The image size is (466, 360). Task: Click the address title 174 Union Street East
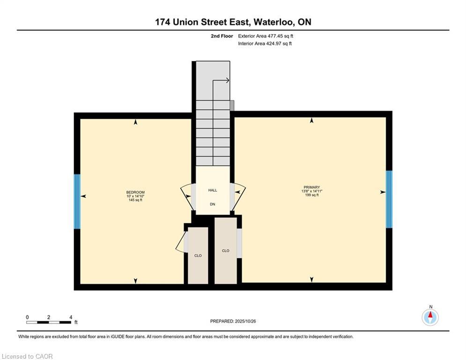tap(233, 22)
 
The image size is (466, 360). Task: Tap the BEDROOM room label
tap(135, 193)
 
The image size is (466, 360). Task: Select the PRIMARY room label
tap(311, 187)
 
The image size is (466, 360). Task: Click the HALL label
tap(213, 190)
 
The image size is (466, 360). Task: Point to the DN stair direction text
tap(213, 204)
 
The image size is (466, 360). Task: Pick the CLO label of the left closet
tap(198, 255)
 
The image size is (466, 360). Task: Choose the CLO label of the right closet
tap(226, 251)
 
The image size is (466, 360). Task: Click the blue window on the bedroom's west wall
tap(77, 202)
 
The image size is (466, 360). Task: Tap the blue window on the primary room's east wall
tap(389, 199)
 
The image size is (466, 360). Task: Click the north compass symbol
tap(430, 317)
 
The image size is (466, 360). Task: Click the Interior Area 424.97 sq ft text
tap(265, 44)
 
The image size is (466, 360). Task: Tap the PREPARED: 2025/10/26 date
tap(233, 321)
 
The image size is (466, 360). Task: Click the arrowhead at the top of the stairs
tap(227, 80)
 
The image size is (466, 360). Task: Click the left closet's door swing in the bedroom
tap(180, 243)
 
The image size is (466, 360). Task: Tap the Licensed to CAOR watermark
tap(28, 356)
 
